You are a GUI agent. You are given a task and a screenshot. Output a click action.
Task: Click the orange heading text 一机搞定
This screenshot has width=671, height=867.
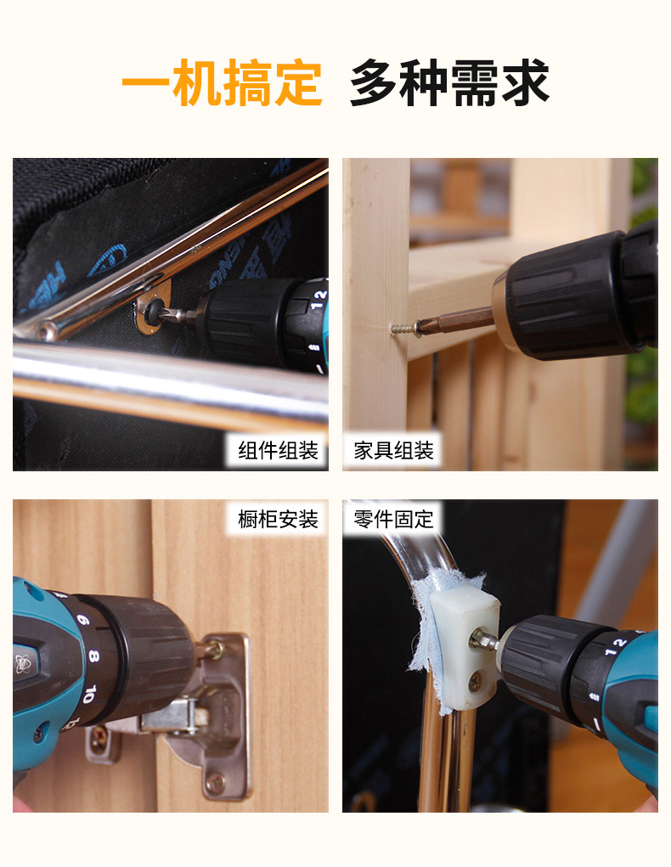point(222,83)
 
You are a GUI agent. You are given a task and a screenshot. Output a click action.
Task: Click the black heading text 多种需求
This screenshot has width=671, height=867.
point(449,83)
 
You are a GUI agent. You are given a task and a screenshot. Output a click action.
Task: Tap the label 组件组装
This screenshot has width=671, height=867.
point(278,451)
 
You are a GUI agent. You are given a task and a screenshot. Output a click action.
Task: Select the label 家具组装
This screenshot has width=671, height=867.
point(393,451)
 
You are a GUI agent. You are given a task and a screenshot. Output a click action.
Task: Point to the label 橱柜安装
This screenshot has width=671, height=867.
point(278,519)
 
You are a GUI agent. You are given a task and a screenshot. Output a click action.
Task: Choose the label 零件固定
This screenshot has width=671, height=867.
point(393,519)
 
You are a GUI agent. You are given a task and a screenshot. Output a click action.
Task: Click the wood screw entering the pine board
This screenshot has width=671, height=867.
point(403,329)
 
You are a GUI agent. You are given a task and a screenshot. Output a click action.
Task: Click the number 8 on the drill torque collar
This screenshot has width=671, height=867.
point(93,656)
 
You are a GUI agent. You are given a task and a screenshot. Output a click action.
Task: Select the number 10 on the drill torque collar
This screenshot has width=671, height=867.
point(90,694)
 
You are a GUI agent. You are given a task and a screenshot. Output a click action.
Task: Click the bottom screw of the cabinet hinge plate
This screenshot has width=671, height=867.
point(216,782)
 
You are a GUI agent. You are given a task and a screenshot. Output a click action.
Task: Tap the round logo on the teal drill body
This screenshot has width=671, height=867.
point(23,663)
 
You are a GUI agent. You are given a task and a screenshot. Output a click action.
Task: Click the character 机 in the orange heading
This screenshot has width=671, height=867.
point(196,83)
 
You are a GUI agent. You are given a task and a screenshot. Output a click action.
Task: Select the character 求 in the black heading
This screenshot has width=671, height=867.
point(526,83)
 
